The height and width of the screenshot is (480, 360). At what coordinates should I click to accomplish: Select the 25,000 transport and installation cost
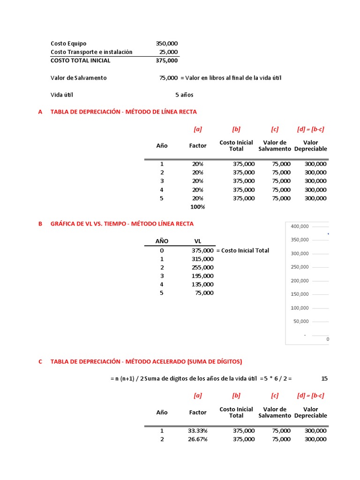click(168, 52)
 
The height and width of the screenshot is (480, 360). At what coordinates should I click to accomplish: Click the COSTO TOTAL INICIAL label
click(81, 60)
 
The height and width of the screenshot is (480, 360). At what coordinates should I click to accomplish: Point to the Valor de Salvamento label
click(78, 78)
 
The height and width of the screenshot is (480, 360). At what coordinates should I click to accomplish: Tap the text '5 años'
click(184, 95)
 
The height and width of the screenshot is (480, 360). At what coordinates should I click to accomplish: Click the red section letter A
click(40, 112)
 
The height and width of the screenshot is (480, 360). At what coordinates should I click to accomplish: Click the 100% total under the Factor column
click(197, 207)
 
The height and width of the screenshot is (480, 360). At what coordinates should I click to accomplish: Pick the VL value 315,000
click(202, 259)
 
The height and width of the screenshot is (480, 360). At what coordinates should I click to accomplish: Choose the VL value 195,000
click(202, 276)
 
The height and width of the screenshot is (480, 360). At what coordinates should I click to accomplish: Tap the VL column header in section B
click(198, 241)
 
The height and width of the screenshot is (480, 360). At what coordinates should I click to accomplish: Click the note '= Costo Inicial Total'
click(242, 250)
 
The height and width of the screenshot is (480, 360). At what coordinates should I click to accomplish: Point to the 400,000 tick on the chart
click(300, 226)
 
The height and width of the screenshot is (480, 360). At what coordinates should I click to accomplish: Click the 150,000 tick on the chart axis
click(300, 294)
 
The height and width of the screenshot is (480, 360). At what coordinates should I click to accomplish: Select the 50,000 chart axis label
click(301, 322)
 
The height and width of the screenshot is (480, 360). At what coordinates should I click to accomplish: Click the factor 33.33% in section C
click(197, 431)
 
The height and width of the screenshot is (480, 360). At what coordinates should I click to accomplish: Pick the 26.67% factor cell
click(197, 439)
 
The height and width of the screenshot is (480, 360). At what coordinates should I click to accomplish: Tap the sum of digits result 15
click(325, 378)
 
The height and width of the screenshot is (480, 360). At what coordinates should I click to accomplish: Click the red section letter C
click(40, 361)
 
